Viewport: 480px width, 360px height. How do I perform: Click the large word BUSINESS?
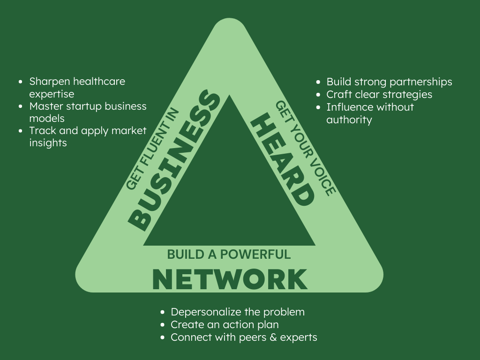tap(173, 160)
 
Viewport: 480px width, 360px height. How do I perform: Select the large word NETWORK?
tap(230, 279)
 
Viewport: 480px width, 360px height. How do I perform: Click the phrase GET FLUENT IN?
tap(152, 149)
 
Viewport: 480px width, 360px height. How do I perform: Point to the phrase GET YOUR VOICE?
tap(306, 148)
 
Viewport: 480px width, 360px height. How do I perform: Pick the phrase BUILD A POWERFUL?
tap(229, 255)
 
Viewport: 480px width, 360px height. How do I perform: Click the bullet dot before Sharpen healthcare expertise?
tap(21, 82)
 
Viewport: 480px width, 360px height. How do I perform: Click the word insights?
tap(48, 142)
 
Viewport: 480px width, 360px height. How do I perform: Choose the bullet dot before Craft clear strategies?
tap(318, 95)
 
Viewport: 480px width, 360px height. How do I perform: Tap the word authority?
tap(349, 120)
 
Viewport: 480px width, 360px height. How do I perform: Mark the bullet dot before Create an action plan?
tap(163, 325)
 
